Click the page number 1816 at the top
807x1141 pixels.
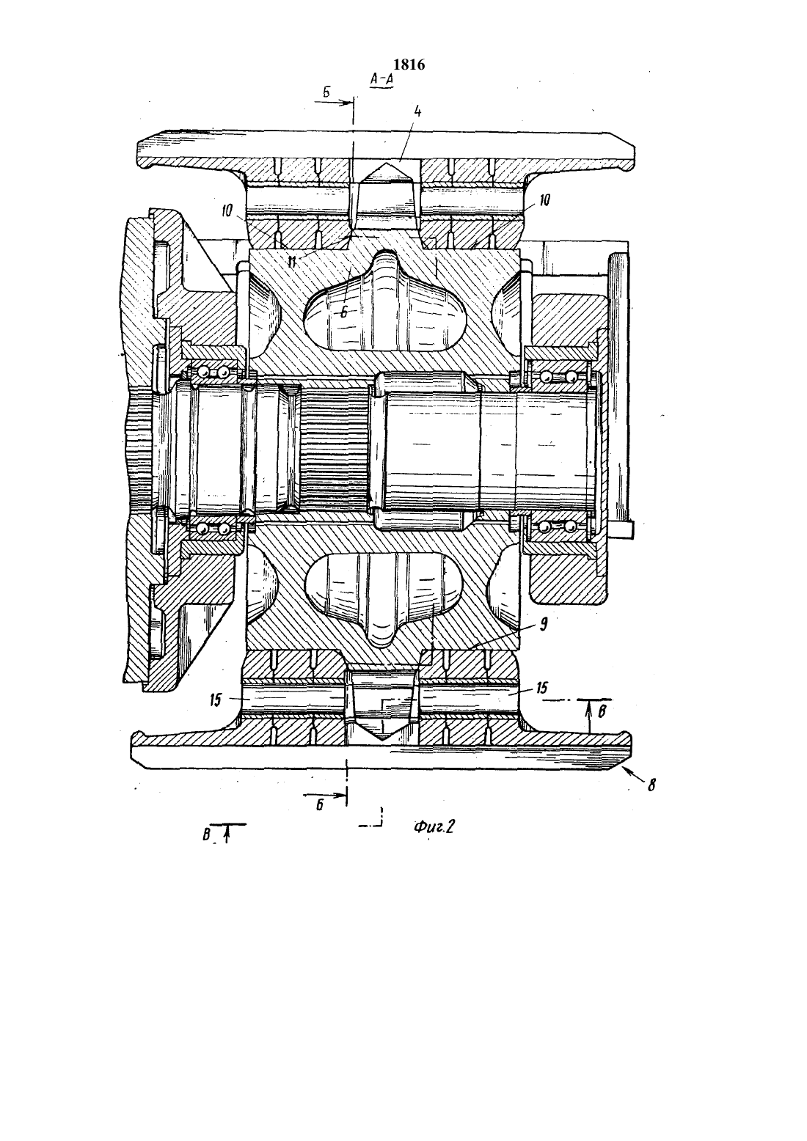(409, 65)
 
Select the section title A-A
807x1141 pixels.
(382, 79)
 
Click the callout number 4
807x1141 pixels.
(417, 111)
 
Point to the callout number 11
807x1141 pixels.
(292, 263)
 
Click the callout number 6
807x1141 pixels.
(344, 312)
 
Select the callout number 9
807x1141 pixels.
(543, 625)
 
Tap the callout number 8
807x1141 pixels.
(651, 786)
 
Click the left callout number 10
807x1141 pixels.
(227, 210)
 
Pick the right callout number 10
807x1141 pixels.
(544, 200)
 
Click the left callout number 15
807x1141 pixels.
(216, 700)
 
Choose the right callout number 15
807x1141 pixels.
(541, 688)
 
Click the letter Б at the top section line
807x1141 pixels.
(326, 92)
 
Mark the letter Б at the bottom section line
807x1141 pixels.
(319, 805)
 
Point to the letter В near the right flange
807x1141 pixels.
(601, 711)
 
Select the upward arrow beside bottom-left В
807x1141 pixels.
(227, 834)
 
